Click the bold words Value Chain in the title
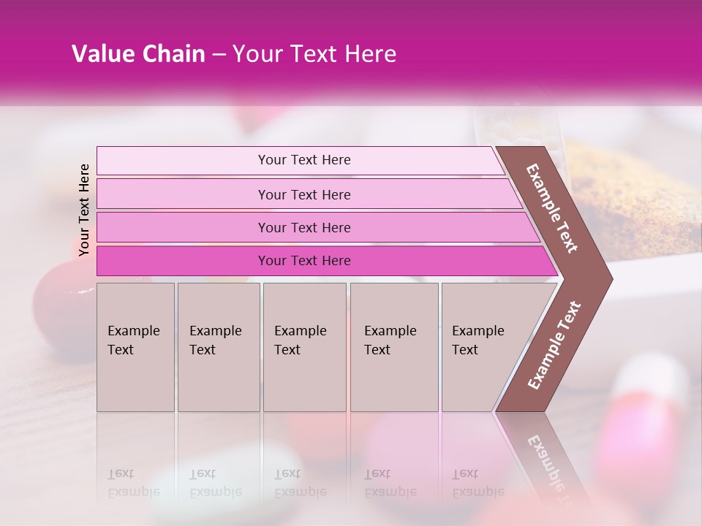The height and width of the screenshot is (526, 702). pos(138,54)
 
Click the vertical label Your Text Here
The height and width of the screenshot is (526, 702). pos(84,210)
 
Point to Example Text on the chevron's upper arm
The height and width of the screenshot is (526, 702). pos(552,208)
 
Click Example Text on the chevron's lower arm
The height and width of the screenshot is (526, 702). pos(554,346)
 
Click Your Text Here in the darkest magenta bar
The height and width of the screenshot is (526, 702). pos(304,261)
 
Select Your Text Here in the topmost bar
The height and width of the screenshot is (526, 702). pos(304,160)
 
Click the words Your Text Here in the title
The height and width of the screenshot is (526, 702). pos(314,54)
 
